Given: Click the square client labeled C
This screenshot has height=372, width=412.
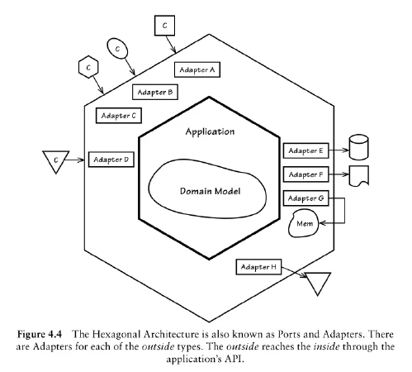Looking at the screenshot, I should tap(164, 26).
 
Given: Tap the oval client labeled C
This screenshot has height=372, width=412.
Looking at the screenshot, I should tap(119, 50).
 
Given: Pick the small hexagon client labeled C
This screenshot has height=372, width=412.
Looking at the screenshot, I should tap(88, 64).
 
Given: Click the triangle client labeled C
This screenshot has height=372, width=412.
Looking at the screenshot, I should tap(56, 157).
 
